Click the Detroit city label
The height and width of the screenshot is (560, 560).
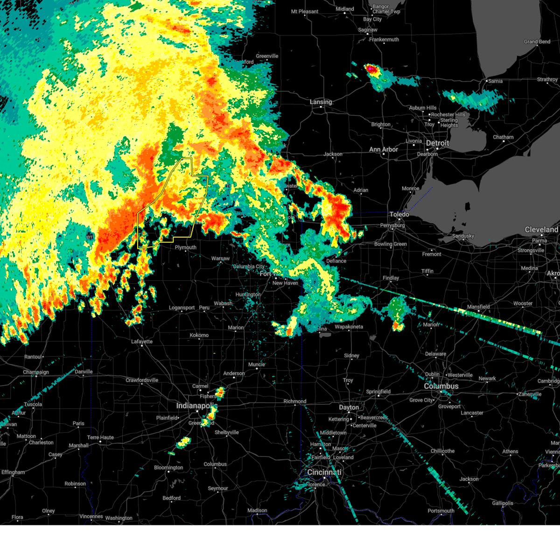[437, 143]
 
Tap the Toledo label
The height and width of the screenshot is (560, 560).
[399, 214]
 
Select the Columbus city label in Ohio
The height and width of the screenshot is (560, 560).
[441, 386]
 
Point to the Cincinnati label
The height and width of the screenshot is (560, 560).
[324, 472]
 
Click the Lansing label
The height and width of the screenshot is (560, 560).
[321, 102]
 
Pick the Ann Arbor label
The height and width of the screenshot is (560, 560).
[384, 149]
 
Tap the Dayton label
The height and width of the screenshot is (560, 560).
[349, 407]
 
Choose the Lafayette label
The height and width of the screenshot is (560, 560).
[142, 342]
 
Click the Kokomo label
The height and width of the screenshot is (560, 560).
[199, 335]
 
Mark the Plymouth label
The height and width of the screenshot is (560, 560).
[185, 247]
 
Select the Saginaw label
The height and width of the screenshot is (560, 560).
[368, 30]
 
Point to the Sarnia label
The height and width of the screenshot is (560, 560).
[495, 81]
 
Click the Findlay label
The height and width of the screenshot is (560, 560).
[391, 278]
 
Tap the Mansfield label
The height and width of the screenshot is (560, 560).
[478, 307]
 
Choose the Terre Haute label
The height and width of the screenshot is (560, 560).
[100, 437]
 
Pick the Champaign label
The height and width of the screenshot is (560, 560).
[36, 372]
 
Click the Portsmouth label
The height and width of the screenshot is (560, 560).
[441, 511]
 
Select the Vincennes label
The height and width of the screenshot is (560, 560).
[91, 516]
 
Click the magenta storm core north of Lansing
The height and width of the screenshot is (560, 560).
[370, 69]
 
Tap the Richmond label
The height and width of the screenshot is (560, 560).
[294, 401]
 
